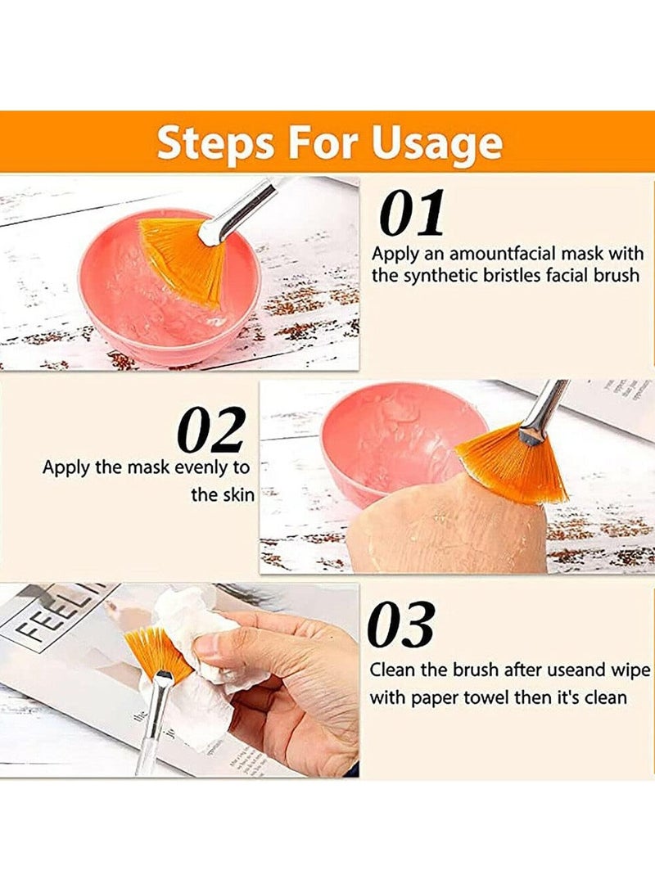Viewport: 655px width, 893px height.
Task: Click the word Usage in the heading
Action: click(436, 142)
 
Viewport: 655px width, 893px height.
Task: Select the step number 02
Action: click(211, 431)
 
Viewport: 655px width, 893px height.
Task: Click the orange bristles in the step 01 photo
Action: click(184, 258)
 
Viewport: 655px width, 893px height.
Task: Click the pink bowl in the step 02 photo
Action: click(385, 442)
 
